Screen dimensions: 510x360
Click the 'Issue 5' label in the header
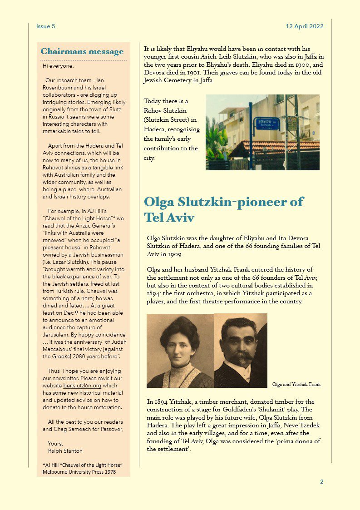click(45, 26)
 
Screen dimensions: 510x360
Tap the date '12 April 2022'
click(305, 26)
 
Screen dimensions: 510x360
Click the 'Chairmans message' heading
click(82, 52)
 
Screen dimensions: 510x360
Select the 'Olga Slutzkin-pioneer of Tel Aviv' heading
click(223, 209)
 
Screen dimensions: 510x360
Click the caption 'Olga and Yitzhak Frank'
click(296, 385)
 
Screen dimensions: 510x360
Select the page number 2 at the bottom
click(321, 482)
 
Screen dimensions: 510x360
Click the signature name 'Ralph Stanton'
click(65, 451)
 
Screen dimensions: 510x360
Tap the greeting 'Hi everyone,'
click(58, 66)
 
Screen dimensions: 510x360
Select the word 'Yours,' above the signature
click(55, 444)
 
